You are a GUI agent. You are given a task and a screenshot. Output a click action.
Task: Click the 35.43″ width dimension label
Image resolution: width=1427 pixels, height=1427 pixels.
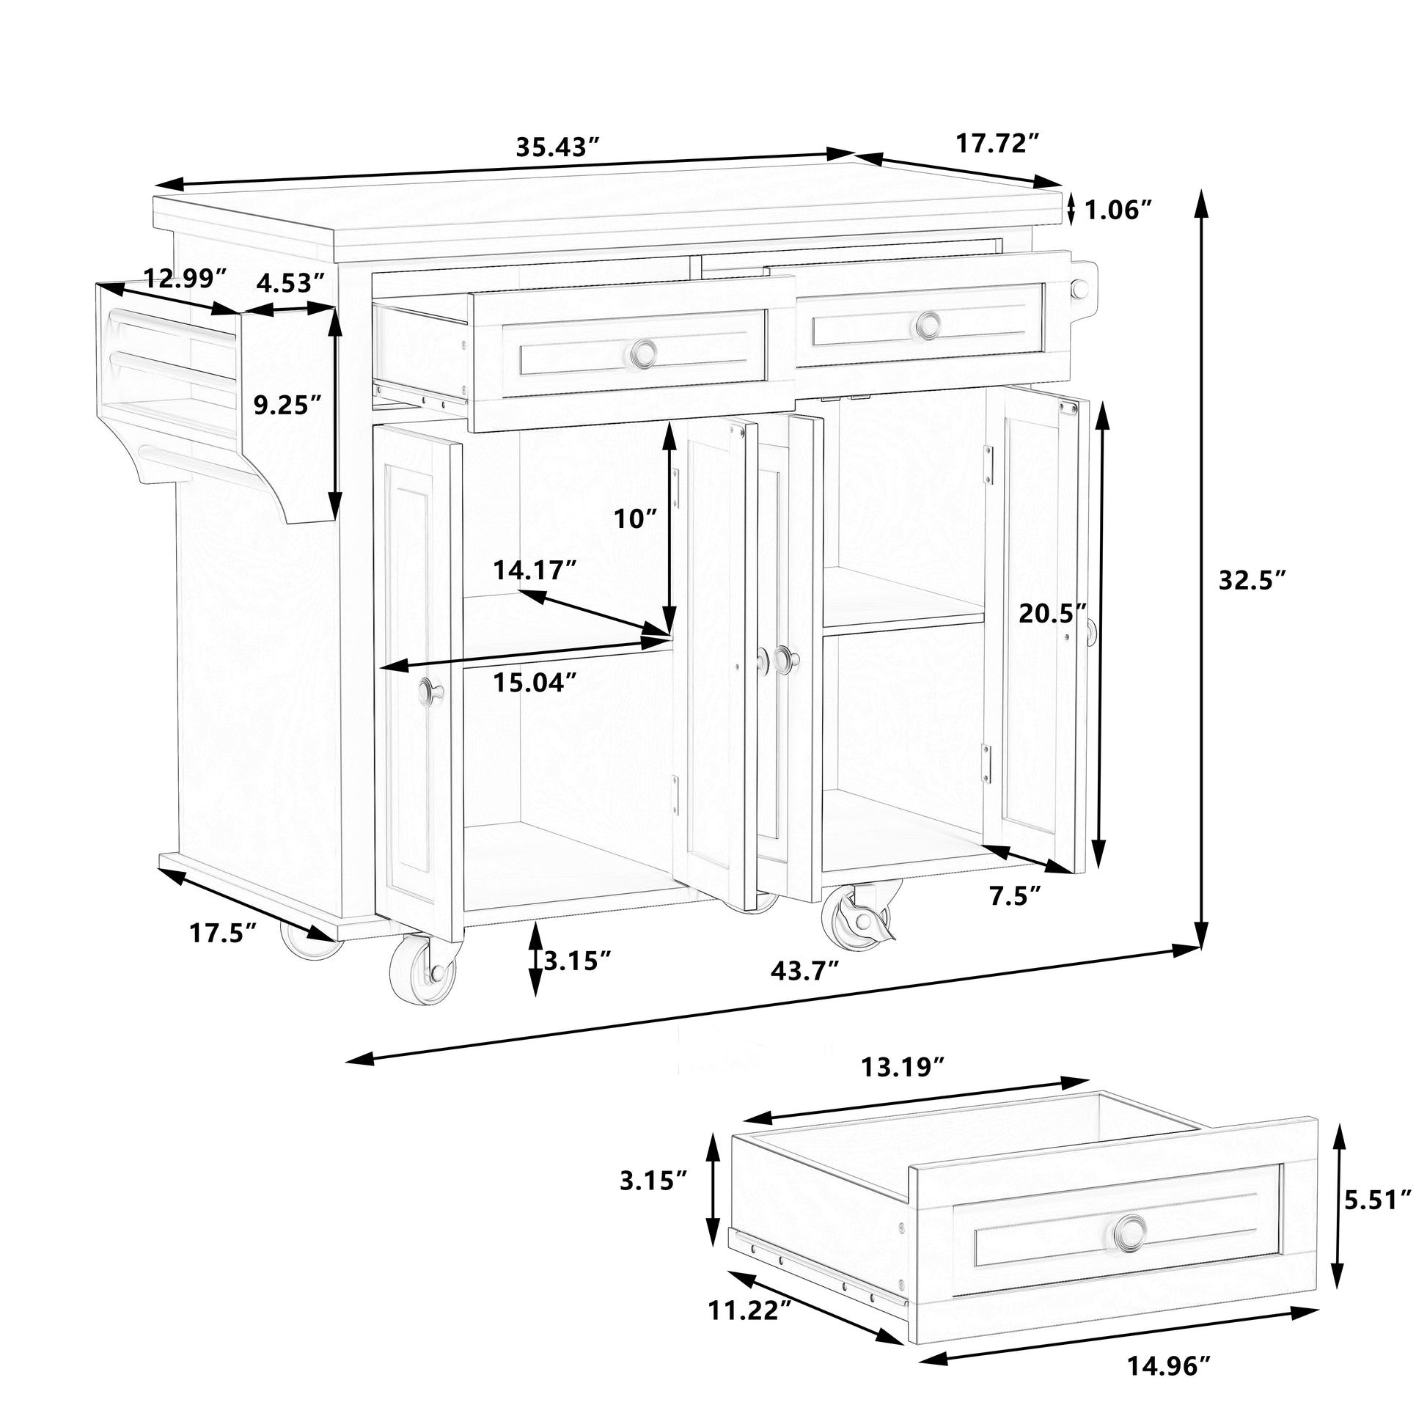(556, 146)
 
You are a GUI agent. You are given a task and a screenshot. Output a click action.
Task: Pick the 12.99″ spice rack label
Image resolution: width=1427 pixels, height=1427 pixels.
(185, 279)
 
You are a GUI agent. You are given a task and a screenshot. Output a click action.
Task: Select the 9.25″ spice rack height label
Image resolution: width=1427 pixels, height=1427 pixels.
(288, 405)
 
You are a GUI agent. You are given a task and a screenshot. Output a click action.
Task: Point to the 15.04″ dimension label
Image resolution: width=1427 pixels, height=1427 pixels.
(535, 682)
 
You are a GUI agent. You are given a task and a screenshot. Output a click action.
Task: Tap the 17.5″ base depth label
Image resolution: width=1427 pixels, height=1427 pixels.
(223, 933)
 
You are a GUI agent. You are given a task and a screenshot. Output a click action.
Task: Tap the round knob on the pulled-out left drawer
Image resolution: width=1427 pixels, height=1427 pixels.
(644, 352)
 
